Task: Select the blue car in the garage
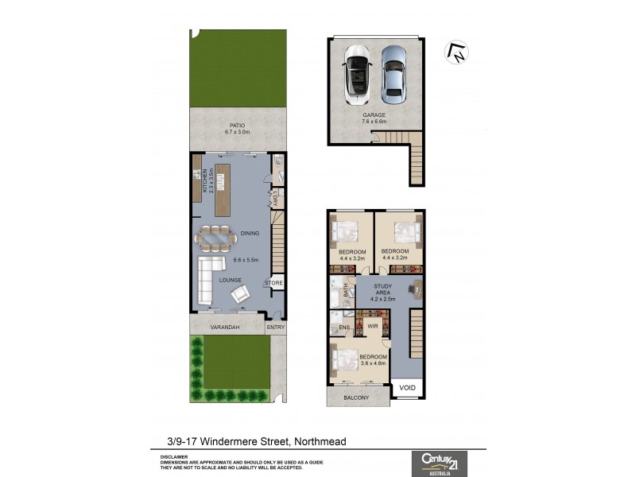click(x=392, y=74)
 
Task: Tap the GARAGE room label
click(x=374, y=115)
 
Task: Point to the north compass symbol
click(x=456, y=52)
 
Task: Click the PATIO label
click(x=237, y=125)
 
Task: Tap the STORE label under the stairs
click(x=273, y=282)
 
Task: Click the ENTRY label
click(x=276, y=327)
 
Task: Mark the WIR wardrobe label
click(x=372, y=326)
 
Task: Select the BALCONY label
click(x=356, y=397)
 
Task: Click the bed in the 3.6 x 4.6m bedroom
click(x=347, y=359)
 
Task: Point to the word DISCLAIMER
click(x=173, y=456)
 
